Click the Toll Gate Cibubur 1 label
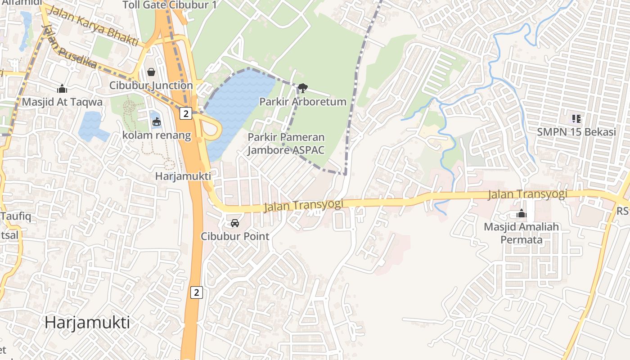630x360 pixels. (x=170, y=5)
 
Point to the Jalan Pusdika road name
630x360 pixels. (x=70, y=48)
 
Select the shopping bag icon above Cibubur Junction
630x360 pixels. (x=151, y=72)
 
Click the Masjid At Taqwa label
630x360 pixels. (x=62, y=102)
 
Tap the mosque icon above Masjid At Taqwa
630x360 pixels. (x=62, y=89)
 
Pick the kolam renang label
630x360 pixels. (x=157, y=135)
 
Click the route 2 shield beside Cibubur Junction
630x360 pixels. (x=185, y=113)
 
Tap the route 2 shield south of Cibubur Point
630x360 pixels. (x=196, y=292)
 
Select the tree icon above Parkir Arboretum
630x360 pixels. (x=303, y=88)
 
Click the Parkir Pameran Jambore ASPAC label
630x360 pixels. (x=286, y=144)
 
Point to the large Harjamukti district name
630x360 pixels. (x=87, y=322)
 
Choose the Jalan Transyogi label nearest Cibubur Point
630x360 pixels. (x=304, y=205)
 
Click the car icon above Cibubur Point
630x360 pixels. (x=235, y=223)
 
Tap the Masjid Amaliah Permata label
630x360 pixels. (x=521, y=233)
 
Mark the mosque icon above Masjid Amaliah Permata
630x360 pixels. (x=522, y=213)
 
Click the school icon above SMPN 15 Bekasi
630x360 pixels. (x=576, y=119)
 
